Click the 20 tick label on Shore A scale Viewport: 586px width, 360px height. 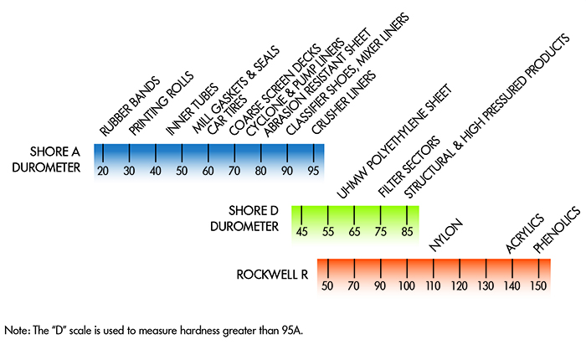103,171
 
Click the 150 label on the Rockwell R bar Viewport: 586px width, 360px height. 538,286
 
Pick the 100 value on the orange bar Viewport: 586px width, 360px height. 408,286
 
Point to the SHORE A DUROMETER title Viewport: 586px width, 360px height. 52,161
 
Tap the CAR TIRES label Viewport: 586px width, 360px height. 224,112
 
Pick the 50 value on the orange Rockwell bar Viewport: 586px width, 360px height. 328,286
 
